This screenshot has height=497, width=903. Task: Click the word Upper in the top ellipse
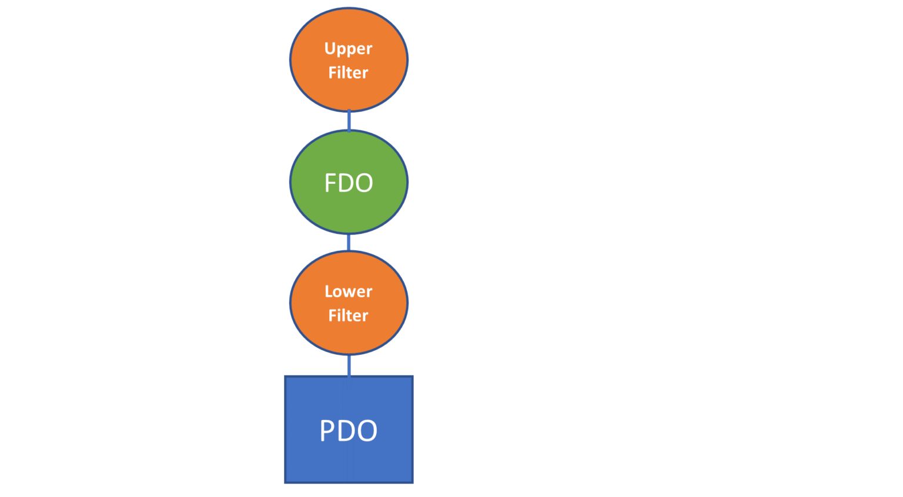click(348, 49)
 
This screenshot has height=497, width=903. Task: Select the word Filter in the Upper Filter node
click(348, 73)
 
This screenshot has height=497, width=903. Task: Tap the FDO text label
click(349, 183)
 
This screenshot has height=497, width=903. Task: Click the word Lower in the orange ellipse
click(348, 291)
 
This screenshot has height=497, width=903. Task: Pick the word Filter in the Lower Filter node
click(348, 316)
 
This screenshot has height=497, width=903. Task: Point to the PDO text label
click(349, 431)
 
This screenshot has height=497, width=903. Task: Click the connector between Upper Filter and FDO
click(349, 121)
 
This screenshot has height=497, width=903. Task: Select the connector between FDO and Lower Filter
click(349, 243)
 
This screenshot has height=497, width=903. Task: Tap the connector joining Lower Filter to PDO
click(349, 365)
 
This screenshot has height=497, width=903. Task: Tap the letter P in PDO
click(327, 431)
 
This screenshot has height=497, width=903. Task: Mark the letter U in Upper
click(329, 48)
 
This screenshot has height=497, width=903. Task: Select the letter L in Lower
click(328, 291)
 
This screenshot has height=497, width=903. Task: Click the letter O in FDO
click(364, 183)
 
